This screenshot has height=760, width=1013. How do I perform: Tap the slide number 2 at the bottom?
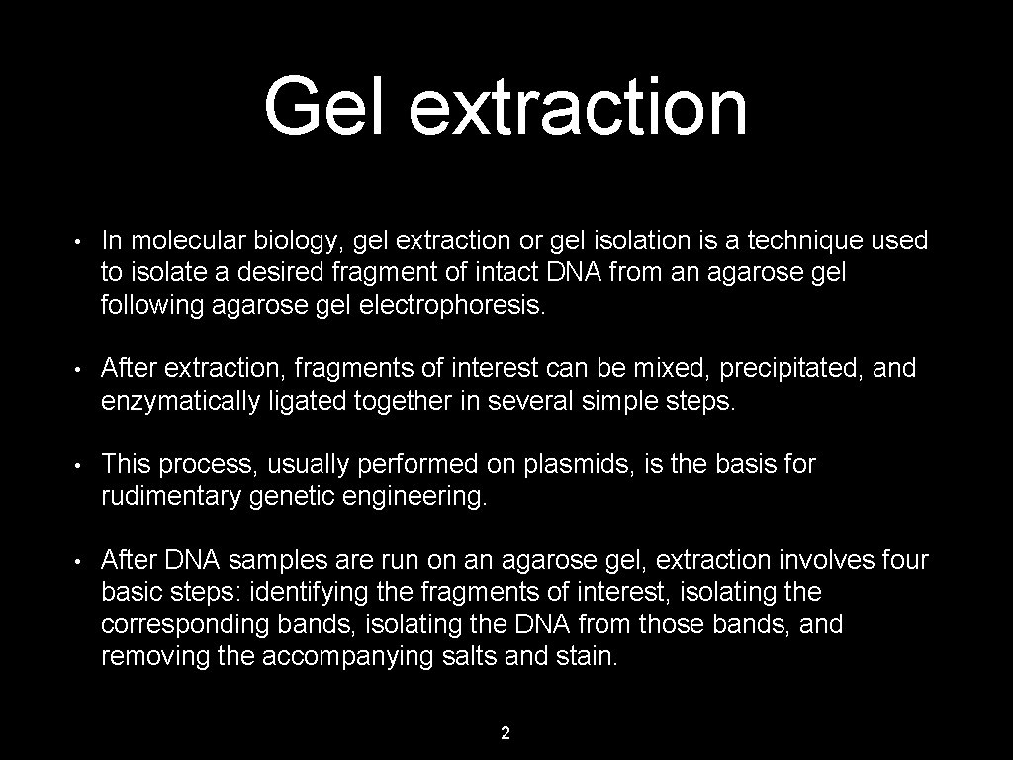(506, 733)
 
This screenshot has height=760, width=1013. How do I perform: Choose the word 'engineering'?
(414, 497)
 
